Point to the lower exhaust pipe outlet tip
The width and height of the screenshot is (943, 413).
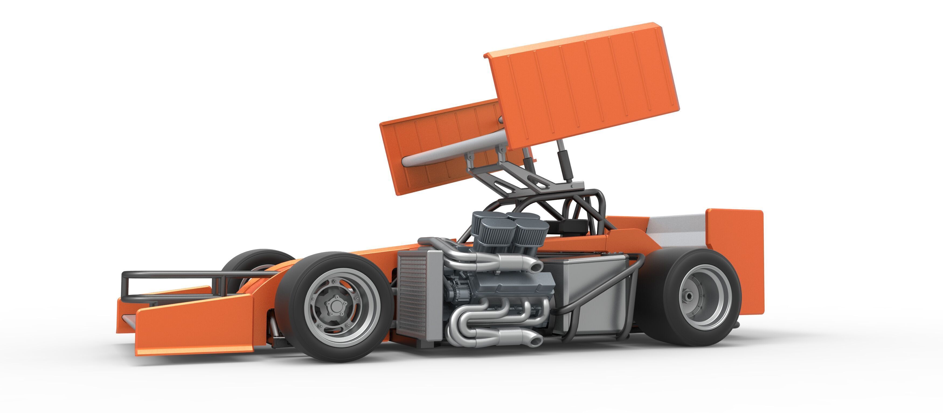pos(535,341)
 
